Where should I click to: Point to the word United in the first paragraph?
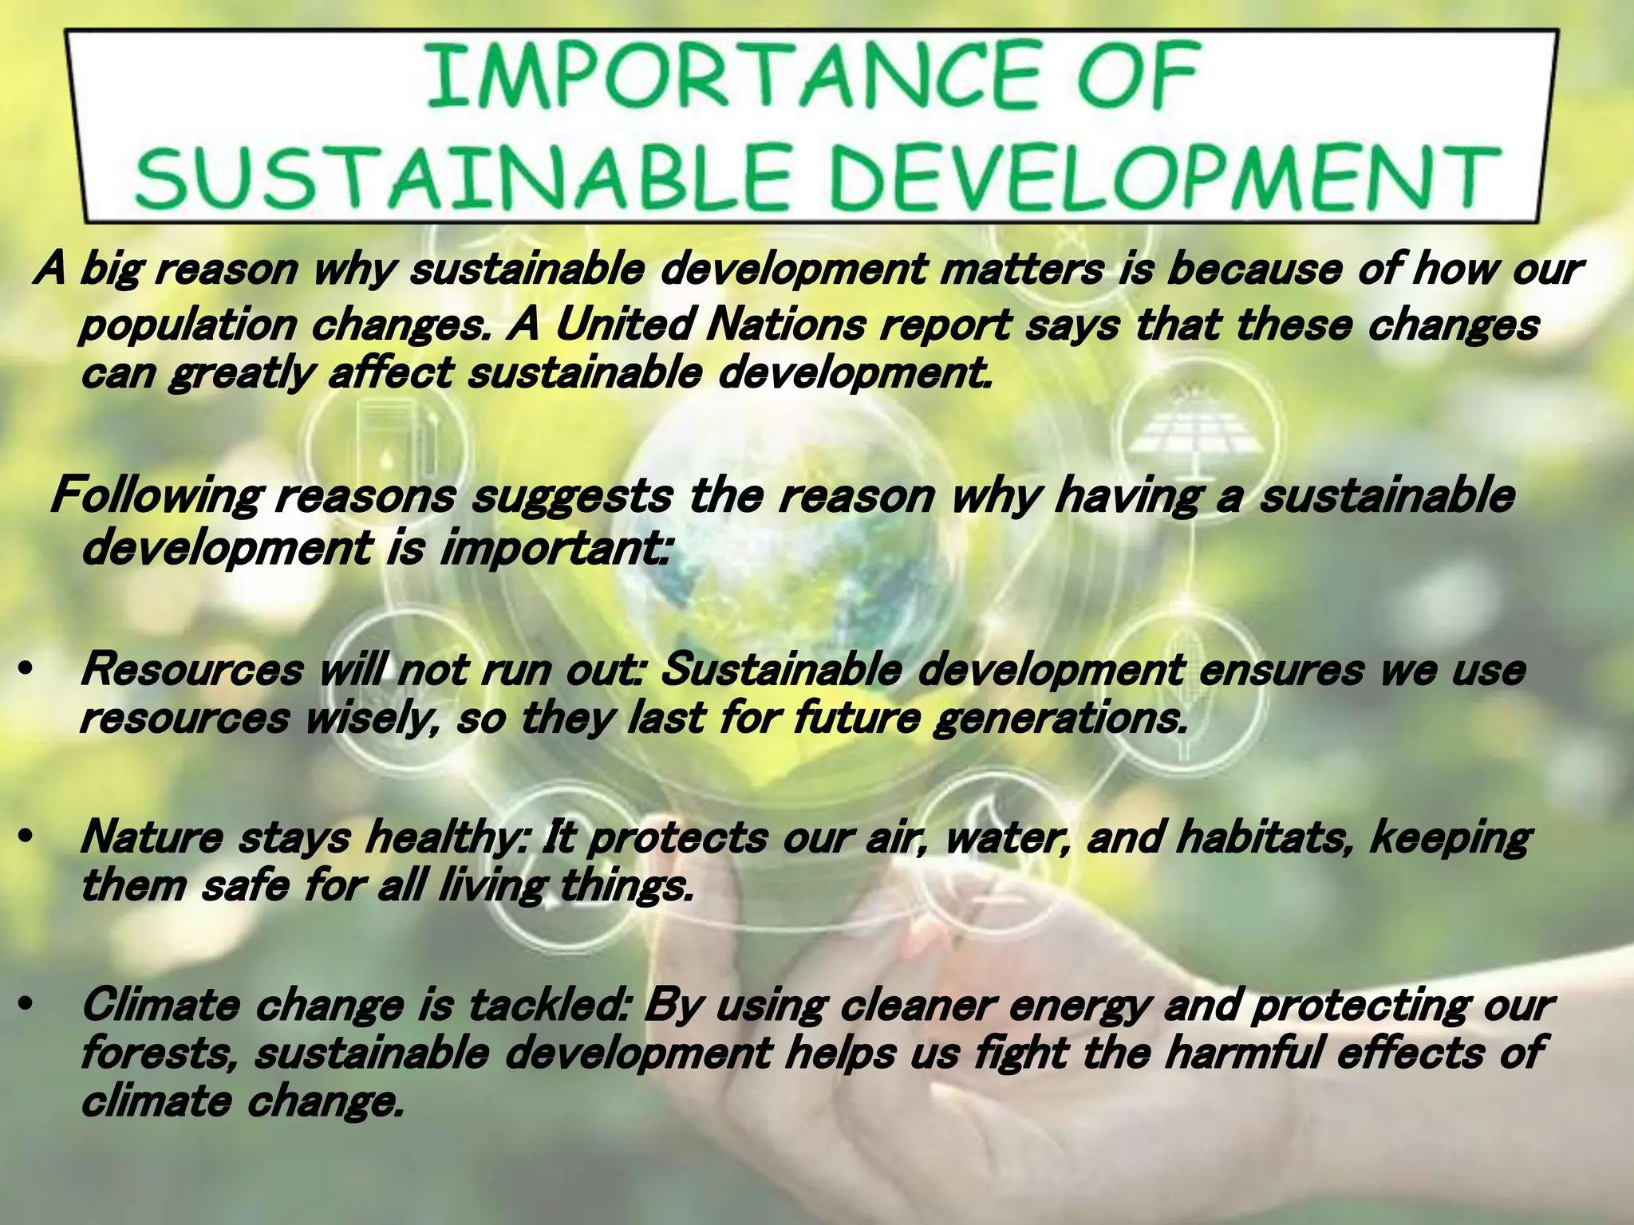click(622, 325)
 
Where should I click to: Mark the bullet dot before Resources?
click(26, 670)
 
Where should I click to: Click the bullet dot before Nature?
click(26, 837)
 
